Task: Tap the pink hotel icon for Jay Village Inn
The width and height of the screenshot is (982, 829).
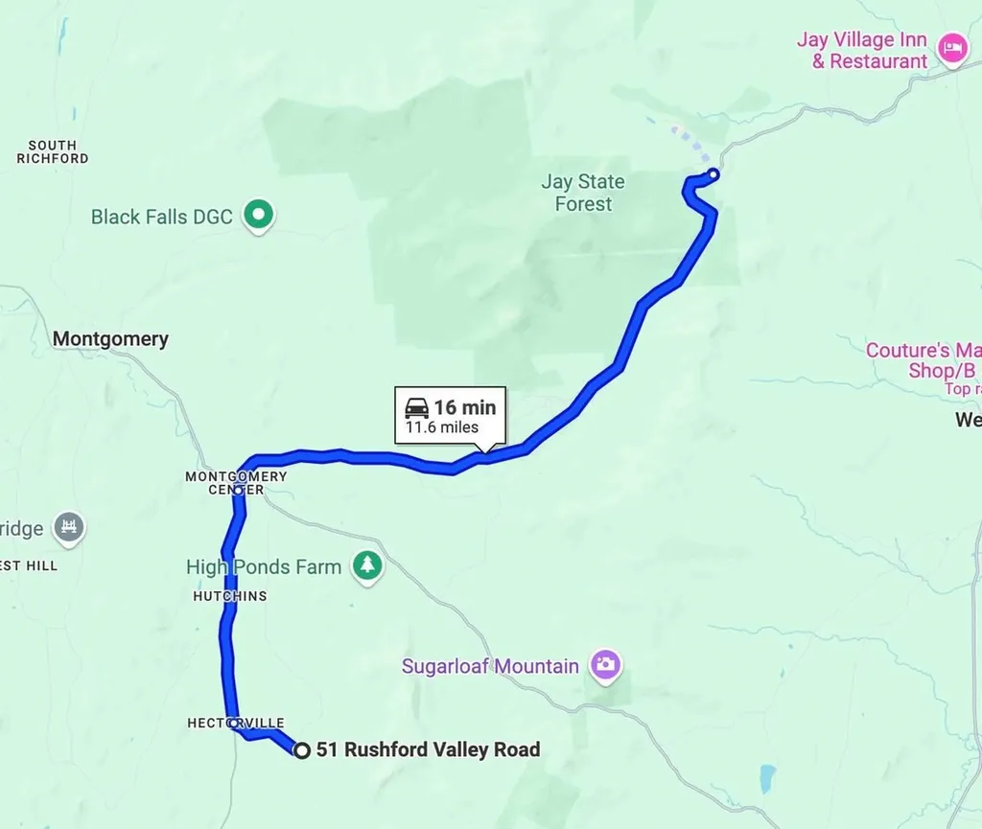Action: point(951,47)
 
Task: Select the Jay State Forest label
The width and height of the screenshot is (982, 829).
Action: point(582,193)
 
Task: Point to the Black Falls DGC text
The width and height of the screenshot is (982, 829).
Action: point(161,217)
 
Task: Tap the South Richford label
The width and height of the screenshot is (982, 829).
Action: point(53,151)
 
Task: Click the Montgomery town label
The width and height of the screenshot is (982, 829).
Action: point(110,338)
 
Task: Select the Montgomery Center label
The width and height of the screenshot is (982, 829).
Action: point(236,482)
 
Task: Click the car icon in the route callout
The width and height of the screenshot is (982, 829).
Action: point(417,407)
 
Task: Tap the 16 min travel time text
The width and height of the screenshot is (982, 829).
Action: point(465,407)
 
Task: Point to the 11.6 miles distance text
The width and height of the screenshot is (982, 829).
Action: point(441,427)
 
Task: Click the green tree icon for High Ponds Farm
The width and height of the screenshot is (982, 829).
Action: point(366,565)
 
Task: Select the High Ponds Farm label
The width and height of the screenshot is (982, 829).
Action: point(264,567)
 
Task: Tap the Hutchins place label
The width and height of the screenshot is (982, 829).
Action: point(229,596)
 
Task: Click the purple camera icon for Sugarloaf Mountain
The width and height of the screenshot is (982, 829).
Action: point(605,664)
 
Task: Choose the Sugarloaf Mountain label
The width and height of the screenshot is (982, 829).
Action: point(490,666)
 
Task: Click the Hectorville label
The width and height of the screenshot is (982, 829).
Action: point(236,723)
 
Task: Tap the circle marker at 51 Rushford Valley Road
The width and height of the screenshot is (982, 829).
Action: point(301,750)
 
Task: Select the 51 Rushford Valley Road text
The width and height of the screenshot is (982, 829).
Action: point(428,749)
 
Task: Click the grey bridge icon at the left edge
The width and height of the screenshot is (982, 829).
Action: point(69,527)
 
